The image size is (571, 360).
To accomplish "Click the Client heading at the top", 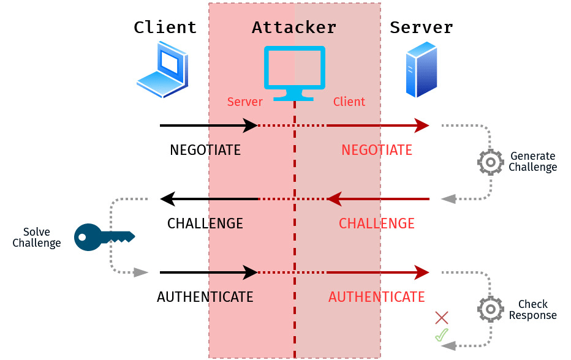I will (x=165, y=28).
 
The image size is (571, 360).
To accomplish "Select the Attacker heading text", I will (x=294, y=28).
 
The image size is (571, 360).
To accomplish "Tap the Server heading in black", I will (x=422, y=28).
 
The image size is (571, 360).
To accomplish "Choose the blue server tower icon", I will (x=422, y=69).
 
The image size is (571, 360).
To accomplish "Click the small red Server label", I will (x=244, y=102).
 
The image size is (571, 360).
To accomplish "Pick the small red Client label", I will (x=349, y=102).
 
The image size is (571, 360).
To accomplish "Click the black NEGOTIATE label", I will (x=205, y=150).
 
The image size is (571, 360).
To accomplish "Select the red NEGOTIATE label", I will (x=377, y=150).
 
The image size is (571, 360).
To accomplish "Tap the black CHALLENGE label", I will (x=205, y=223).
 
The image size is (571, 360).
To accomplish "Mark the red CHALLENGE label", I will (x=377, y=223).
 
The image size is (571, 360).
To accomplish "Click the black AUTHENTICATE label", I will (x=205, y=297).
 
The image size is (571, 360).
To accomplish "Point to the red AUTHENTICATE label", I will (x=377, y=297).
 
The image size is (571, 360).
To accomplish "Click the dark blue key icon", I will (x=103, y=237).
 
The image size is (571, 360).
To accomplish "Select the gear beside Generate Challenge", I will (x=490, y=162).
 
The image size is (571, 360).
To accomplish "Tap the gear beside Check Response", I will (x=490, y=309).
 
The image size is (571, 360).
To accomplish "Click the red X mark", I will (x=442, y=317).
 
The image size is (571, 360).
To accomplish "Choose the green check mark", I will (x=442, y=335).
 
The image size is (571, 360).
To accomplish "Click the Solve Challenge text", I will (x=37, y=238).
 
